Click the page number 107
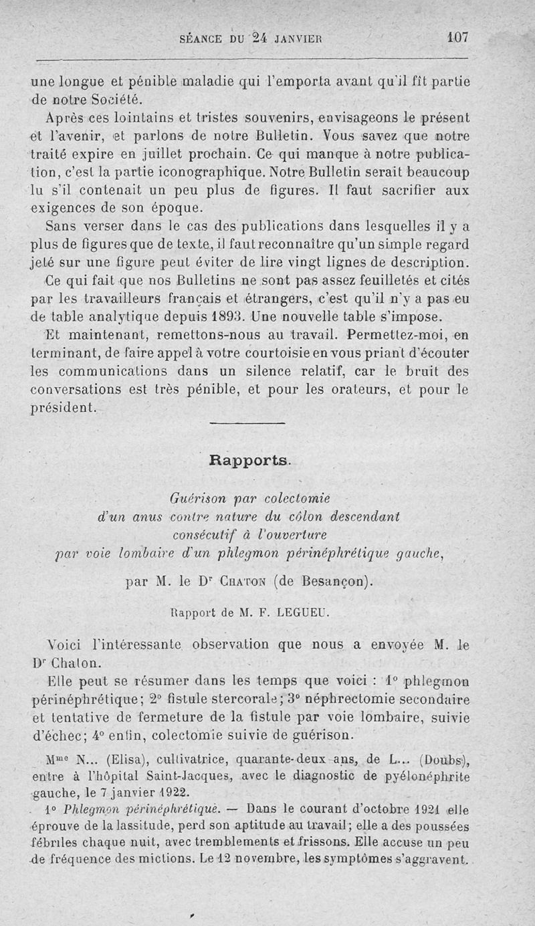point(459,37)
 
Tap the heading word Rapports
point(249,460)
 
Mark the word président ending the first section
point(64,407)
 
